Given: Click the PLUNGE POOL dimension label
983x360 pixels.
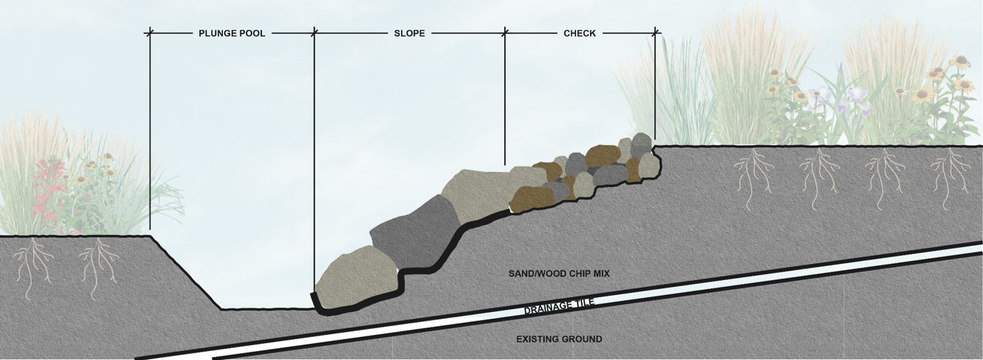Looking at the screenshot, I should (232, 33).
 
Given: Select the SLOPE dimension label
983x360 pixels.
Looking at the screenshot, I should (409, 33).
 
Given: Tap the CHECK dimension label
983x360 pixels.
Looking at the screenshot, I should (579, 33).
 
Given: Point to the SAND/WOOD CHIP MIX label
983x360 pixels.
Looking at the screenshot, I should (559, 274).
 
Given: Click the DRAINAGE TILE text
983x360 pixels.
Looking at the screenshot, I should (560, 307).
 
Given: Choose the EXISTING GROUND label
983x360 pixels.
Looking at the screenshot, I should (559, 339).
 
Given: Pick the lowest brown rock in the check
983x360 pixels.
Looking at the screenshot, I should (532, 198).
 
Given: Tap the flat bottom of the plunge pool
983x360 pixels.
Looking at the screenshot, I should (267, 309).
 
